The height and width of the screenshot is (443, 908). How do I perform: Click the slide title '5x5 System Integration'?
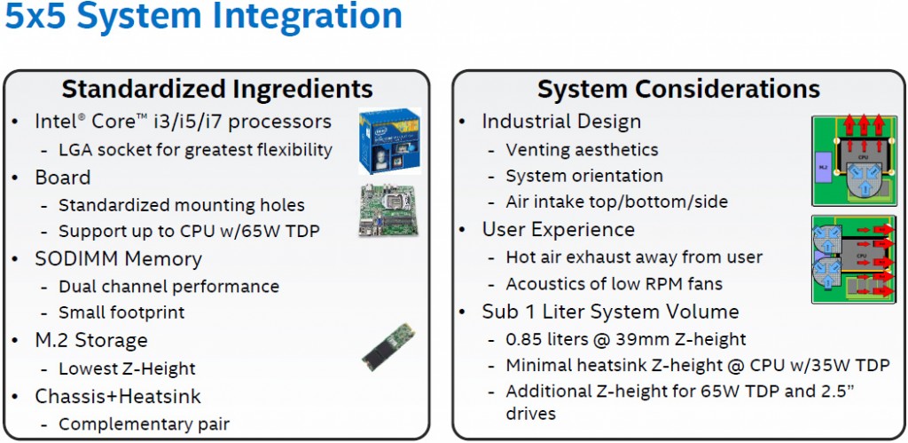(x=204, y=18)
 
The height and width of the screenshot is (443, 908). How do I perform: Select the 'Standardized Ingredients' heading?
(x=217, y=89)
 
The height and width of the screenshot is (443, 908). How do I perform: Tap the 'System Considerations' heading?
(x=678, y=89)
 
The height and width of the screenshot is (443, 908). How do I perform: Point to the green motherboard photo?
(x=387, y=210)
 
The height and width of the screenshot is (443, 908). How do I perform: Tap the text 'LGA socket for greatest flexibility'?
(x=195, y=149)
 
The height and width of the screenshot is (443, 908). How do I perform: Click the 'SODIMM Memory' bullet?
(x=118, y=259)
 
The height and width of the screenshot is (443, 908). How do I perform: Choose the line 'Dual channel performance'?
(x=168, y=287)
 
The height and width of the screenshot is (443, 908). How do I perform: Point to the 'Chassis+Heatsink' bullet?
(x=118, y=396)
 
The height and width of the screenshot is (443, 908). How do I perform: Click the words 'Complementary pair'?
(x=144, y=424)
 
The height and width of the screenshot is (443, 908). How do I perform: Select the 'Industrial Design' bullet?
(x=561, y=122)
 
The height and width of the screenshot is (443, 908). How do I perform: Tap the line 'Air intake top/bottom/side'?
(x=616, y=202)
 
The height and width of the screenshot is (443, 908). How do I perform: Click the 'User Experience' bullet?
(x=559, y=230)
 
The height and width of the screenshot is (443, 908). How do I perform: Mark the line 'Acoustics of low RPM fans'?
(x=614, y=284)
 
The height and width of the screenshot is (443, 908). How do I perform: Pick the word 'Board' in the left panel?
(x=63, y=178)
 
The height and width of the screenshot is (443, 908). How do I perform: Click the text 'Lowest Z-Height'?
(x=127, y=368)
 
